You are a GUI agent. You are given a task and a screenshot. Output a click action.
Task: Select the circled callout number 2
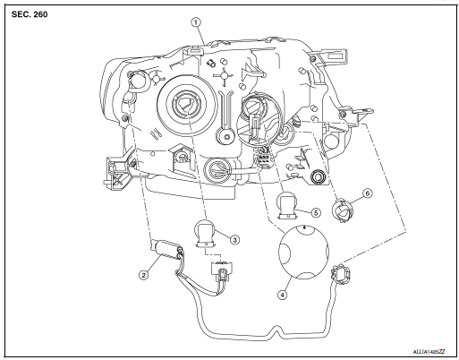pos(142,274)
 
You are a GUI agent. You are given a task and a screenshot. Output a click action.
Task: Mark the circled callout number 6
pos(366,193)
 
